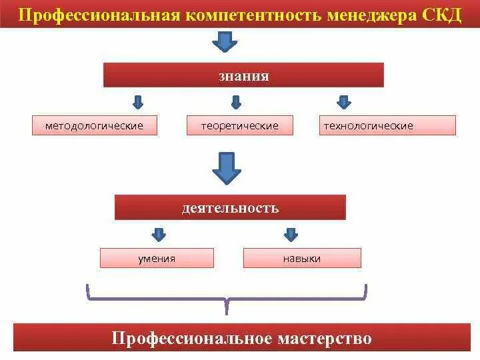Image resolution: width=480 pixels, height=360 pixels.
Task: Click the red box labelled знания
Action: [x=243, y=75]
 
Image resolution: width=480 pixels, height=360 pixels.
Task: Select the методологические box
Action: [x=95, y=125]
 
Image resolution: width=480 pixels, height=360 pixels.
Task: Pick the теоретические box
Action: [x=241, y=125]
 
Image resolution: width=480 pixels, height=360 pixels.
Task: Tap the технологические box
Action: [x=368, y=125]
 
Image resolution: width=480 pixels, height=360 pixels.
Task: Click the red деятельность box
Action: [x=230, y=207]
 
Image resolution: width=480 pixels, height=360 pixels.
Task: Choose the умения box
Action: [x=157, y=258]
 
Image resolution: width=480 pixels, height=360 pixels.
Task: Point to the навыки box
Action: [x=302, y=258]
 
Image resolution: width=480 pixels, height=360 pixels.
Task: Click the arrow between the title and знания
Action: [x=225, y=43]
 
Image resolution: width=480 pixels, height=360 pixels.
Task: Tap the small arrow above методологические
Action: [x=138, y=102]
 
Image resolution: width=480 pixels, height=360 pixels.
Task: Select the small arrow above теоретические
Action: [x=235, y=102]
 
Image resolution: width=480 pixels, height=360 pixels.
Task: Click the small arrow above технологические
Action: [x=344, y=102]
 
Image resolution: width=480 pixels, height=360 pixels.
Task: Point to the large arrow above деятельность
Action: [x=227, y=167]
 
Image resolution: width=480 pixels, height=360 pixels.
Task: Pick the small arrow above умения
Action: [x=159, y=234]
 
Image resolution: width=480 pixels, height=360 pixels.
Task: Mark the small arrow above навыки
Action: [x=291, y=234]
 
